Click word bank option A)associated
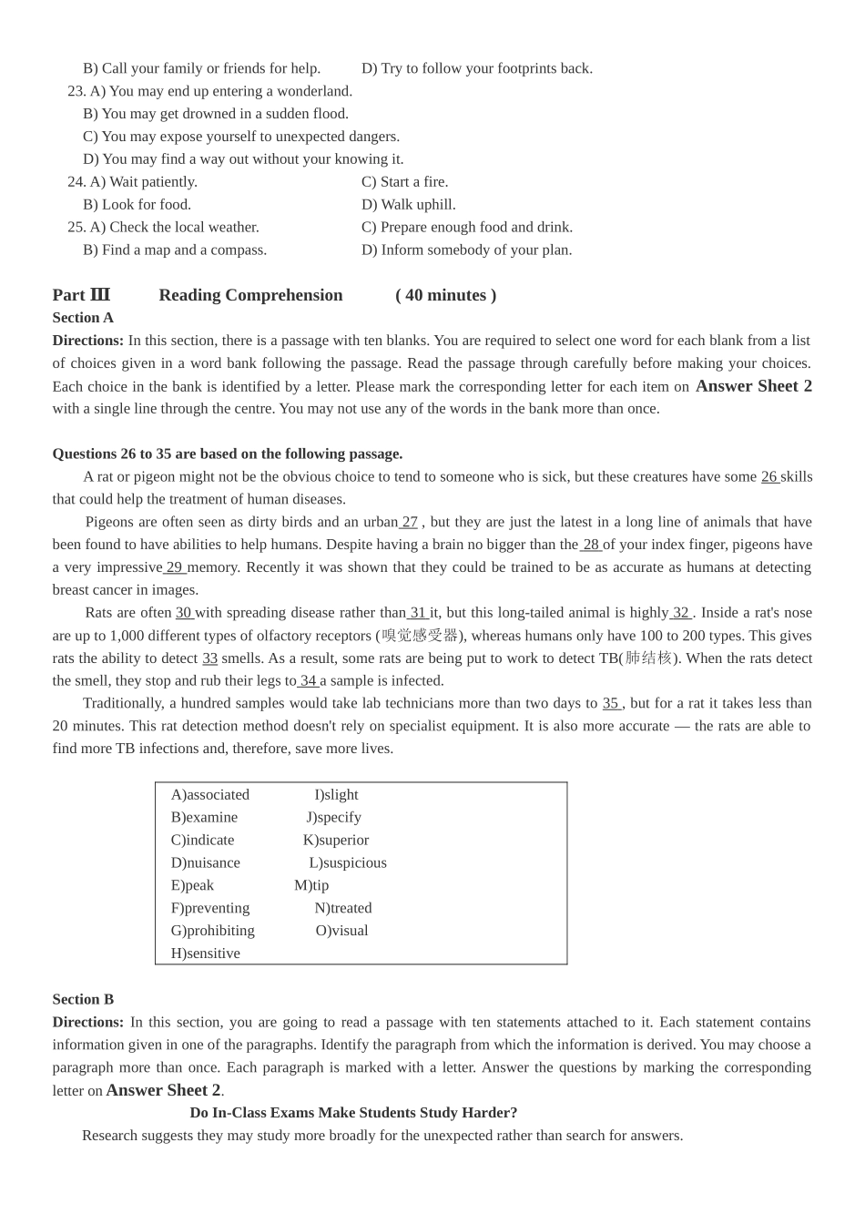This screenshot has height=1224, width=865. [210, 795]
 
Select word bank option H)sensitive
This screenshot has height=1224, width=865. [206, 954]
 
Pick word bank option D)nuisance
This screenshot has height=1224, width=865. [206, 862]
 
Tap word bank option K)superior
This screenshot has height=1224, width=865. [336, 840]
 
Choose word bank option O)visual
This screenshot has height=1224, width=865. [342, 931]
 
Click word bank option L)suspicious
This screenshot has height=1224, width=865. [348, 862]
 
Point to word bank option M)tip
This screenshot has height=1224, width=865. [311, 885]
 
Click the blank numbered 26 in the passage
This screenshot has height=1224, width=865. [769, 476]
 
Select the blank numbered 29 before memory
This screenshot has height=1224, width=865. [175, 567]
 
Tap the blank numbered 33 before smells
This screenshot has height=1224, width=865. [210, 658]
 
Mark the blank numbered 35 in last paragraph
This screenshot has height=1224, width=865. [611, 703]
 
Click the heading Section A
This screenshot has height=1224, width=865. [83, 318]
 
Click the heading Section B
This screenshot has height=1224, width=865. [83, 999]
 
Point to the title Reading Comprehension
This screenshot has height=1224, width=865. [250, 295]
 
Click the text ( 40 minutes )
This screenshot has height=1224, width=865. [446, 295]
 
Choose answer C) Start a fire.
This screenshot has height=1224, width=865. [405, 182]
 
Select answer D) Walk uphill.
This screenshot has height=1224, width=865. [409, 205]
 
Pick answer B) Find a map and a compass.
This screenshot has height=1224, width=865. [175, 250]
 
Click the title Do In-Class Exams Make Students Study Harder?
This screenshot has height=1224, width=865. [353, 1113]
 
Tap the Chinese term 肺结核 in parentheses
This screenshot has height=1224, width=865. [648, 658]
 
